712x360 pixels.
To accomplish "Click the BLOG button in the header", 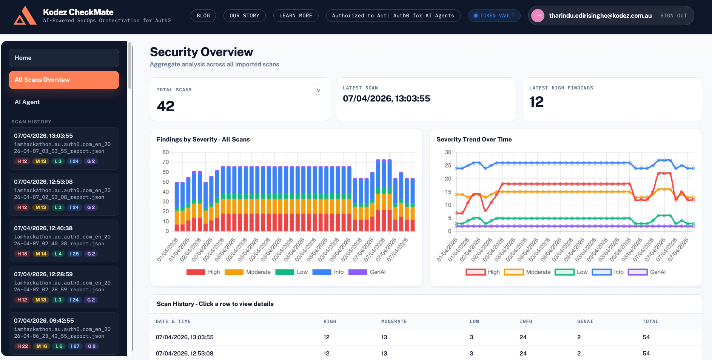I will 203,16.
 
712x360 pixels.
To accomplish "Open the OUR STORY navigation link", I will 244,16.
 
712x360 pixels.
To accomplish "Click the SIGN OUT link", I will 673,16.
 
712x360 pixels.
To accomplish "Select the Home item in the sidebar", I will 64,58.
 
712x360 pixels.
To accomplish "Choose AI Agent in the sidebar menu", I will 27,102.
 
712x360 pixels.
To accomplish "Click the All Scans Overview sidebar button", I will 64,80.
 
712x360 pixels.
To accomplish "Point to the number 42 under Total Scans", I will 166,106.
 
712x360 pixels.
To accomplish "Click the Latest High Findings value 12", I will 536,102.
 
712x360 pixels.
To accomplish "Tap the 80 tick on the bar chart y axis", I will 166,152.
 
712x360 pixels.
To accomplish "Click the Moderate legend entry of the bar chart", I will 248,272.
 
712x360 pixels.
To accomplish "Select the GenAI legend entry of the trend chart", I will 647,272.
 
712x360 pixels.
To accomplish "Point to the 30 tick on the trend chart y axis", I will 448,152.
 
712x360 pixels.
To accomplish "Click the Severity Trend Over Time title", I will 474,140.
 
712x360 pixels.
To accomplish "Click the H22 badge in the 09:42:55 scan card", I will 23,346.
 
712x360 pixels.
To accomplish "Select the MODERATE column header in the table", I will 394,322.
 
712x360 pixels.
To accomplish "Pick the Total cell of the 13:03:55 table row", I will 646,337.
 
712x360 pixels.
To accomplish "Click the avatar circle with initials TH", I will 538,16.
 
